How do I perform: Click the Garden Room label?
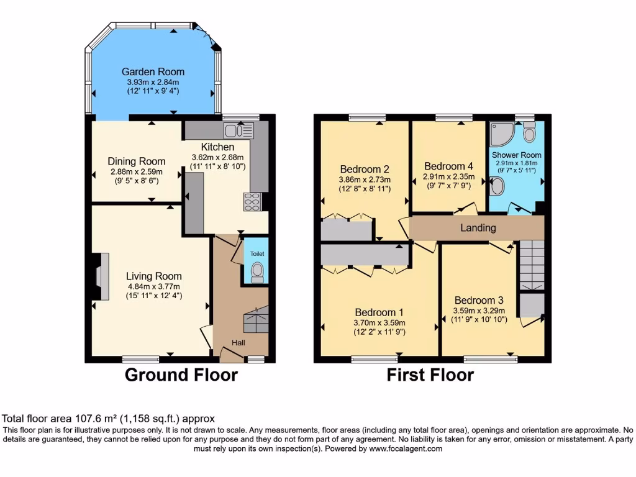pos(153,72)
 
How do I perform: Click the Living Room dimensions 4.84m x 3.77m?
pos(154,286)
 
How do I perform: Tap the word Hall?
pos(238,343)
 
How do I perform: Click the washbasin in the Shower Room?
pos(497,186)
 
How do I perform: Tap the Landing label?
pos(478,228)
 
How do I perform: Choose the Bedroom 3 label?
pos(479,300)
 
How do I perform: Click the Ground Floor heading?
pos(181,375)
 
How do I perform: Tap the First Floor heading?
pos(430,375)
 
